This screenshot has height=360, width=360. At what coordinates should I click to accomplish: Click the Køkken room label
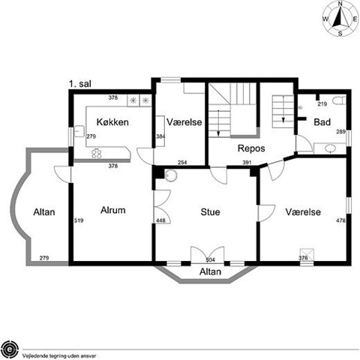[112, 122]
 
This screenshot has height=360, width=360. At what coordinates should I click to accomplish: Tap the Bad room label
[322, 122]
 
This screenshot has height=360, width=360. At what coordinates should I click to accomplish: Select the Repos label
[251, 148]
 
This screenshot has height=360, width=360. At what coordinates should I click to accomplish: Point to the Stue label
[210, 212]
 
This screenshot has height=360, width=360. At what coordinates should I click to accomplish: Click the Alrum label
[113, 210]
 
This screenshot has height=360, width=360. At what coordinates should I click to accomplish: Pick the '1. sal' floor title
[80, 84]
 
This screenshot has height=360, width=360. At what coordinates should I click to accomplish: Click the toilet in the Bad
[339, 100]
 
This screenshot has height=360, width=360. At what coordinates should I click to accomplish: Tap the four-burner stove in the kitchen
[97, 154]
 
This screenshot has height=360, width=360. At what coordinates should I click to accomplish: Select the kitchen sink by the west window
[79, 131]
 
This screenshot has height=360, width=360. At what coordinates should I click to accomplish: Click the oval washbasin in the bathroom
[330, 148]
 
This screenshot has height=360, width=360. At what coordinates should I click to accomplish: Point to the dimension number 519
[79, 220]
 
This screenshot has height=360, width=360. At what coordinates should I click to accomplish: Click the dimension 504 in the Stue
[210, 260]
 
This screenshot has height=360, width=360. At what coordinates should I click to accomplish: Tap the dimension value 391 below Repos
[247, 163]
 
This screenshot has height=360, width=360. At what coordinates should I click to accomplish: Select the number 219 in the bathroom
[322, 104]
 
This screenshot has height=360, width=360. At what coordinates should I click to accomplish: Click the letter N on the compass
[340, 3]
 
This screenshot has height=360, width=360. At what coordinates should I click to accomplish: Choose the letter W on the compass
[325, 19]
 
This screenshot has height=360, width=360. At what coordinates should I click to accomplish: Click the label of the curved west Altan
[44, 212]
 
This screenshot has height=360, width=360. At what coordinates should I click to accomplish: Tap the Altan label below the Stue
[210, 271]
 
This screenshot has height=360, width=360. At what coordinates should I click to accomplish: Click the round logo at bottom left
[10, 349]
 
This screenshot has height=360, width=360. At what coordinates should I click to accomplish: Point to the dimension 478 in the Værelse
[341, 220]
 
